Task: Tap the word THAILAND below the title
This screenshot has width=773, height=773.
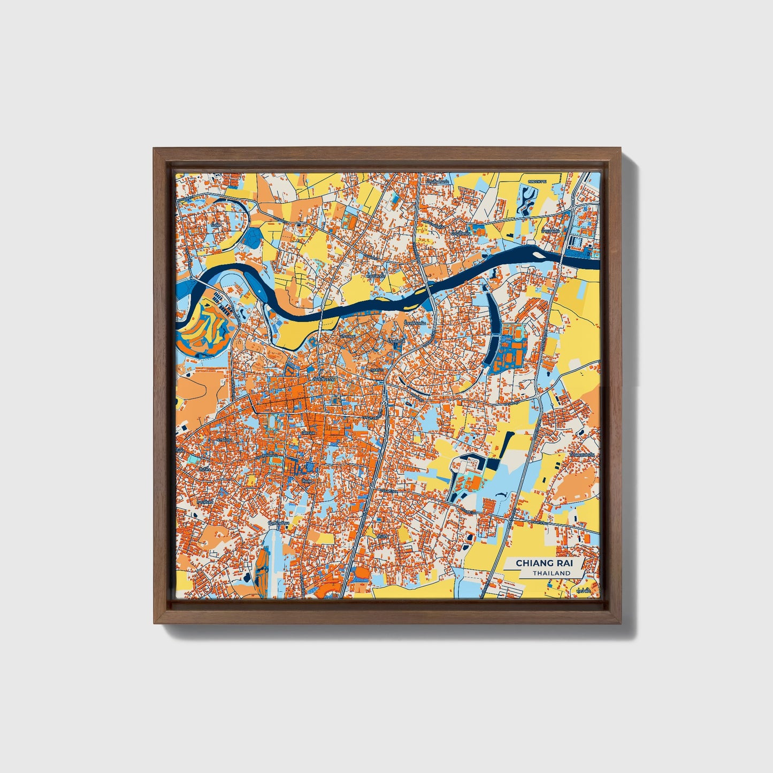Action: point(551,573)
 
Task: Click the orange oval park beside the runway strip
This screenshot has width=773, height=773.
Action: point(261,567)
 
